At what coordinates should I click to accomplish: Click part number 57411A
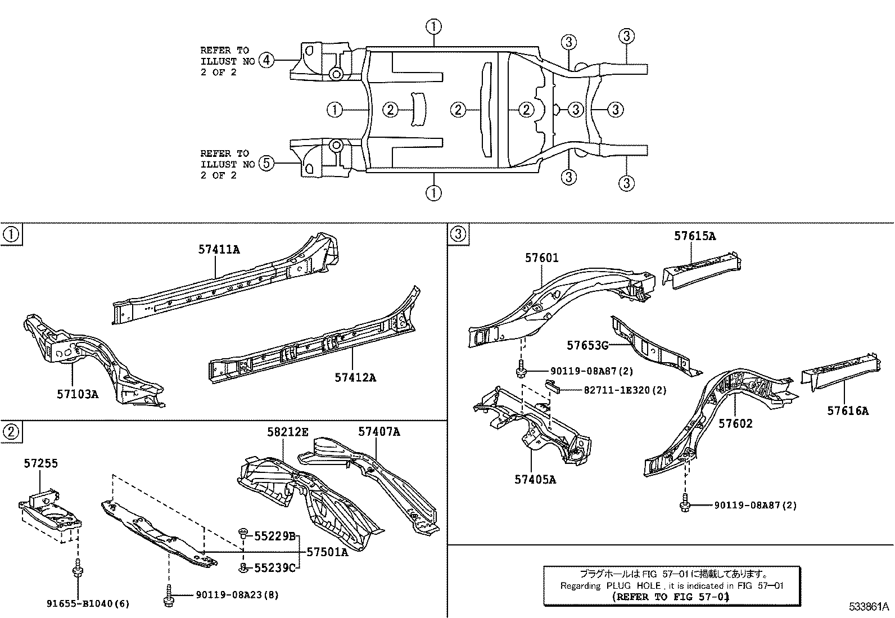[219, 249]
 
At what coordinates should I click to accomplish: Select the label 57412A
[355, 377]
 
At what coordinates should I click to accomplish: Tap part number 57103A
[77, 394]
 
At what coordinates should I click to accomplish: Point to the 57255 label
[40, 463]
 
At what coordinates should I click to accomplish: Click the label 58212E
[288, 432]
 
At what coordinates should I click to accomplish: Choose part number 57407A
[379, 431]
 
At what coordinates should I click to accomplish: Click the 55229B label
[275, 536]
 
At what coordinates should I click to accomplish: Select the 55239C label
[275, 568]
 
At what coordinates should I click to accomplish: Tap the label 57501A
[327, 552]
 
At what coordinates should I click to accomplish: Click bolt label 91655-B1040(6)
[88, 604]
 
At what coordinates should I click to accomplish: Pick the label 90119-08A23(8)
[237, 594]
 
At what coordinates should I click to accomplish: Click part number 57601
[542, 258]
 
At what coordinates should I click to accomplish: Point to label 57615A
[695, 236]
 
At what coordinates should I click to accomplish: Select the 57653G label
[587, 345]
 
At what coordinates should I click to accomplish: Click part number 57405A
[535, 479]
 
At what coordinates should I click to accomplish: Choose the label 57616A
[847, 411]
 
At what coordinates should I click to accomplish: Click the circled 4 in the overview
[266, 60]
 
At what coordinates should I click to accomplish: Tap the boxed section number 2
[10, 432]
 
